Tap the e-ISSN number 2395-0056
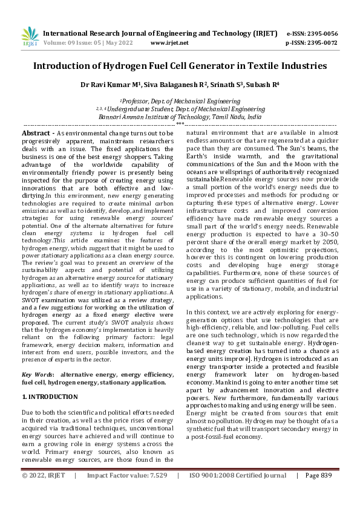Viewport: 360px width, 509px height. coord(321,34)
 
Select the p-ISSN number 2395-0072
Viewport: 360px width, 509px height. coord(321,44)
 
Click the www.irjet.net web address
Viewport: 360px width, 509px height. coord(169,44)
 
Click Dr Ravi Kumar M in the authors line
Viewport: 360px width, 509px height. coord(107,85)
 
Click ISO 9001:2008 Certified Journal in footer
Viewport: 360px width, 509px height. coord(238,493)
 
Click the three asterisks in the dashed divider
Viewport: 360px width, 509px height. coord(180,123)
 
